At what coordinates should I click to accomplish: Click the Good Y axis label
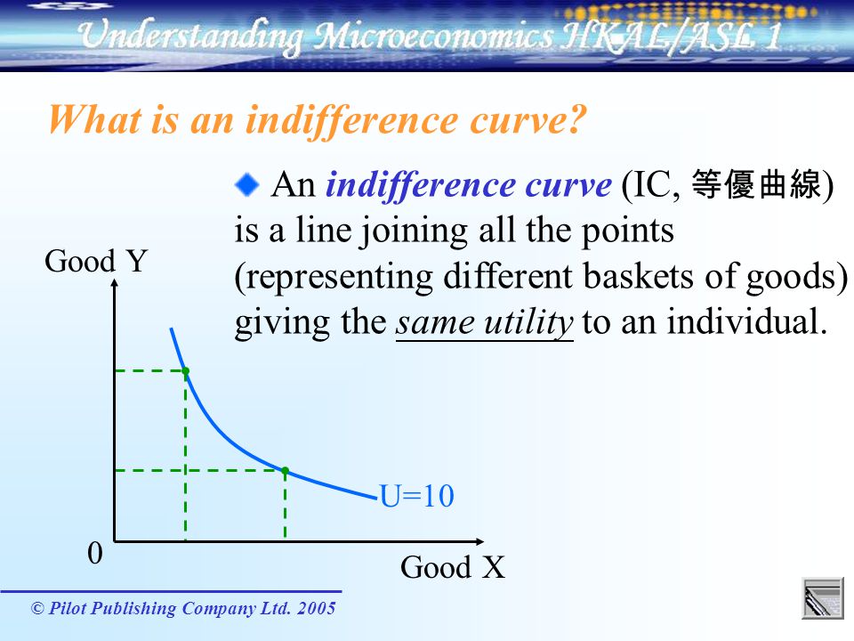pyautogui.click(x=96, y=261)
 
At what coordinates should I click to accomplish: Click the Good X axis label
pyautogui.click(x=453, y=567)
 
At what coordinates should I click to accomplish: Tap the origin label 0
pyautogui.click(x=95, y=553)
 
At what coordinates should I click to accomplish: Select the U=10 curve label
pyautogui.click(x=416, y=496)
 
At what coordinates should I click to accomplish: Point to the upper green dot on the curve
pyautogui.click(x=186, y=371)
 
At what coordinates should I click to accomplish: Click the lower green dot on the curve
pyautogui.click(x=285, y=471)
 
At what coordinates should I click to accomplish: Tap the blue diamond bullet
pyautogui.click(x=247, y=184)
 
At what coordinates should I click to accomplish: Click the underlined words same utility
pyautogui.click(x=484, y=322)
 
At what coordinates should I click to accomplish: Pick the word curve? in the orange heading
pyautogui.click(x=528, y=119)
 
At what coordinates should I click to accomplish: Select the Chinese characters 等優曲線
pyautogui.click(x=756, y=184)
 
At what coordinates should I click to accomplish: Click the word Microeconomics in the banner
pyautogui.click(x=433, y=36)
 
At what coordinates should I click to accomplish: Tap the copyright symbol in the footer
pyautogui.click(x=37, y=608)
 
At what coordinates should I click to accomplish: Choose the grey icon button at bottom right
pyautogui.click(x=823, y=598)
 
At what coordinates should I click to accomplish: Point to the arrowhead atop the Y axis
pyautogui.click(x=115, y=282)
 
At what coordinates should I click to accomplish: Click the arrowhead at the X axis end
pyautogui.click(x=479, y=541)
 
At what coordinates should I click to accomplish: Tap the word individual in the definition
pyautogui.click(x=744, y=321)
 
